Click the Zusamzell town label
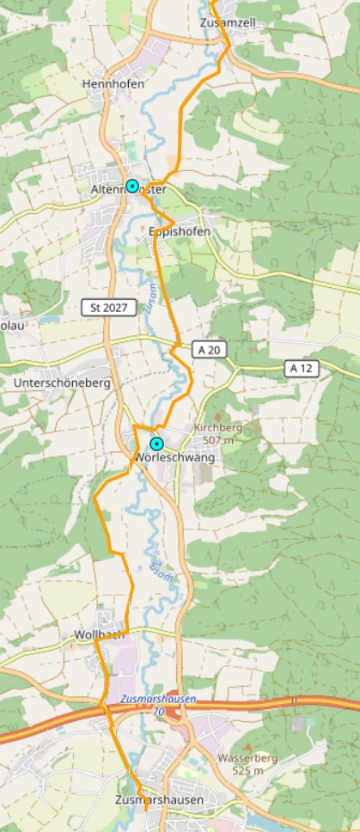coord(229,22)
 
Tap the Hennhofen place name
coord(113,83)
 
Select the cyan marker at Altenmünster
coord(132,186)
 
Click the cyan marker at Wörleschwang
coord(156,444)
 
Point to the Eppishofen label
coord(180,231)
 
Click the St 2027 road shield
coord(108,307)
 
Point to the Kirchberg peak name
coord(218,427)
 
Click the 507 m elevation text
coord(218,440)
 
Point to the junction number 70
coord(157,713)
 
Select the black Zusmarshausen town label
coord(159,800)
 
